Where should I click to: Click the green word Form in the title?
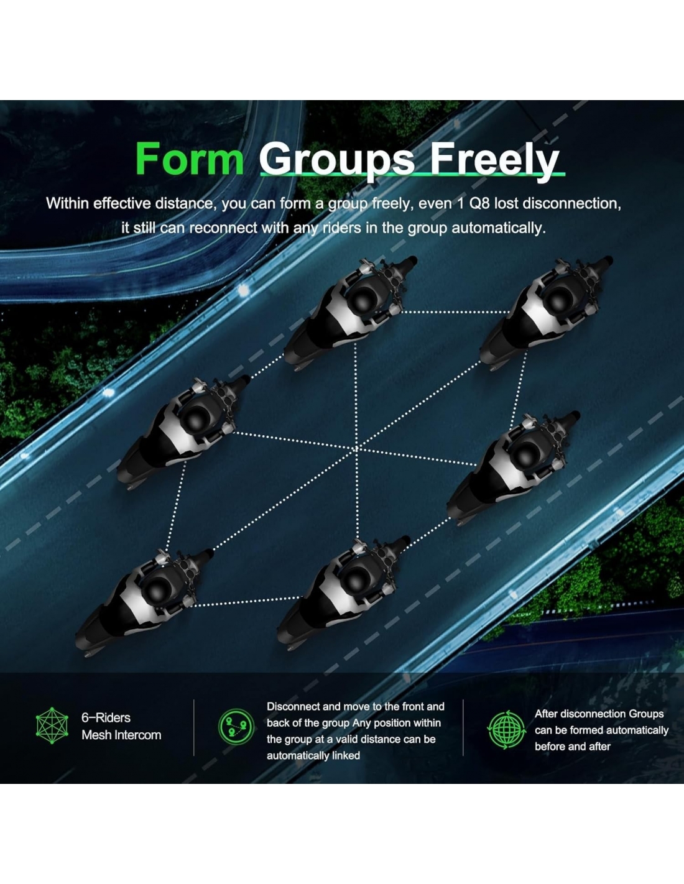[x=189, y=159]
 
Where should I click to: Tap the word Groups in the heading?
[x=336, y=162]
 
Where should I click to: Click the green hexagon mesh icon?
[x=52, y=725]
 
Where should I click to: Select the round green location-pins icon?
[x=236, y=727]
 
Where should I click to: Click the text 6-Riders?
[x=106, y=717]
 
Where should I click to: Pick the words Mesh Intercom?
[x=121, y=735]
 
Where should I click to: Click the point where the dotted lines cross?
[x=357, y=448]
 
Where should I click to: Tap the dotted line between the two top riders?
[x=455, y=313]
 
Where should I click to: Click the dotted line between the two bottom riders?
[x=246, y=601]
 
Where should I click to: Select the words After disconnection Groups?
[x=599, y=714]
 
